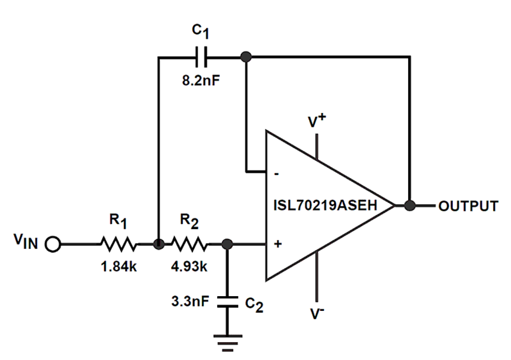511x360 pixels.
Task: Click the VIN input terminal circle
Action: [53, 244]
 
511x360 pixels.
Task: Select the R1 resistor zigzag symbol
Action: [118, 244]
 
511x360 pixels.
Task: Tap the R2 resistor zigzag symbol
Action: [189, 244]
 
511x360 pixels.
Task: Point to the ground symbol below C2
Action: [227, 342]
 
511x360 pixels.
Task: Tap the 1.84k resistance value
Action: [118, 267]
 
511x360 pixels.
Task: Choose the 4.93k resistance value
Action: [189, 267]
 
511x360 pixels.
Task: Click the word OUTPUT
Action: [468, 206]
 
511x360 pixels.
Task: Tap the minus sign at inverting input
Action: [277, 174]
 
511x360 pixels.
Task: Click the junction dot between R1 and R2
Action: [159, 244]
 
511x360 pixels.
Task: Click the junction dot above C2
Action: [227, 244]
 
